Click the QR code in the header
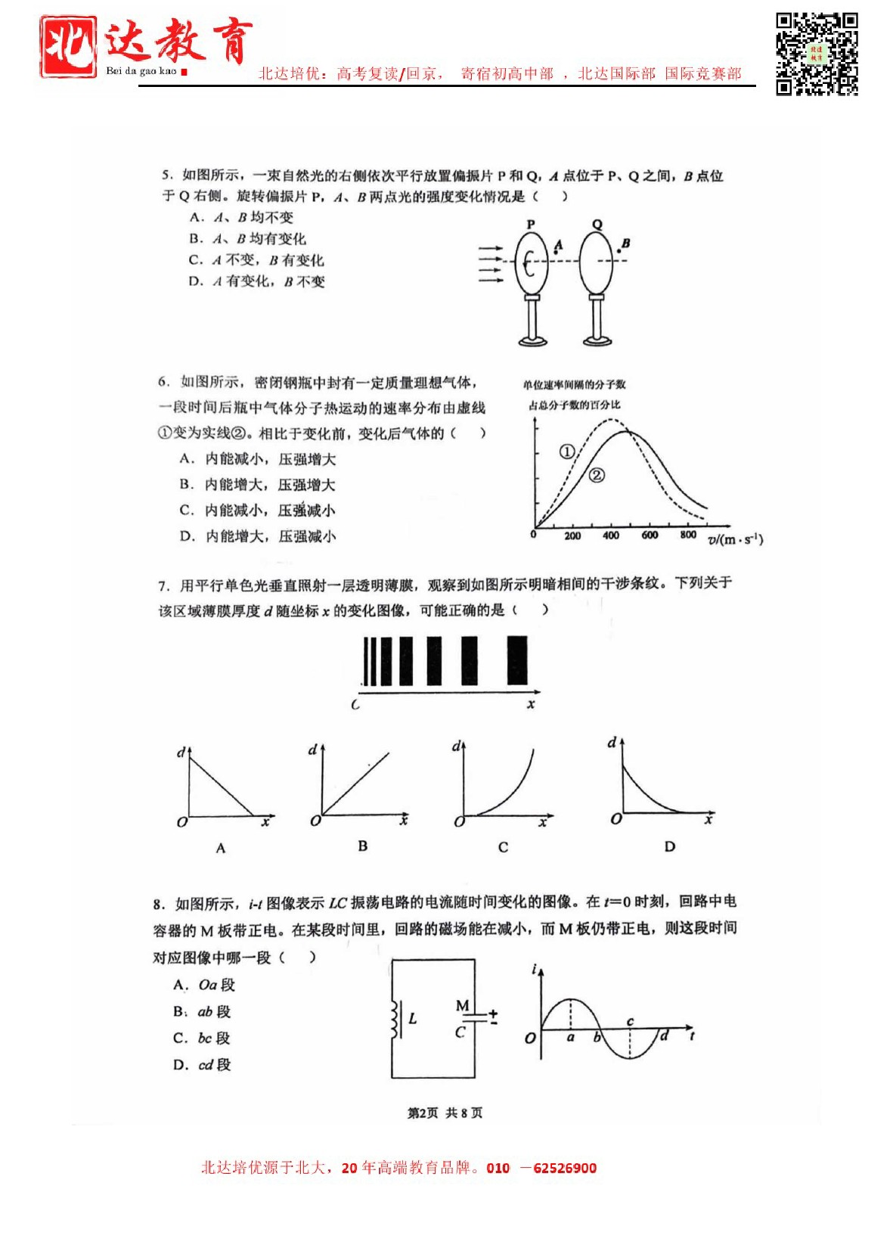(817, 54)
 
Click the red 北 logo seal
(68, 47)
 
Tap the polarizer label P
(531, 225)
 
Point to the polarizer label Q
(597, 225)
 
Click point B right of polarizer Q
(621, 248)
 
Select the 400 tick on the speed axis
(611, 535)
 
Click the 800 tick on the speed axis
(688, 535)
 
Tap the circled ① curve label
(567, 452)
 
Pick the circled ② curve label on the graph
(597, 475)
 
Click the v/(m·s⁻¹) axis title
(735, 539)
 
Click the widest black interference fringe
(517, 661)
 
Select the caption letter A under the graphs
(221, 849)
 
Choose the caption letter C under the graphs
(503, 848)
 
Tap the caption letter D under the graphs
(669, 847)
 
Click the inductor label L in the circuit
(413, 1019)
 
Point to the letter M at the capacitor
(462, 1005)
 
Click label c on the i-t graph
(630, 1022)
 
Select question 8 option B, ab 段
(203, 1012)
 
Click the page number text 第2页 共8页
(445, 1113)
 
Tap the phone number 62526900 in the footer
(565, 1169)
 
